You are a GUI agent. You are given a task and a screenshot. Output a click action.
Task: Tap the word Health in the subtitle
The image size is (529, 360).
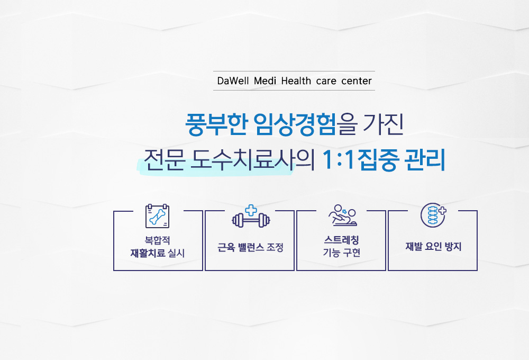296,81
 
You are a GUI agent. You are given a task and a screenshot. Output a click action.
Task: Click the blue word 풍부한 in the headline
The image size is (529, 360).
216,124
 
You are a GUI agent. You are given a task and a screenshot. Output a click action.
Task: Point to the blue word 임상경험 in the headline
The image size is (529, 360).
295,124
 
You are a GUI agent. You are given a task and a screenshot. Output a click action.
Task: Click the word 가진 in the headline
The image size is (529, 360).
383,124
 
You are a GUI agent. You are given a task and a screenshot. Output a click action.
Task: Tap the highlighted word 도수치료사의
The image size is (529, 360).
253,159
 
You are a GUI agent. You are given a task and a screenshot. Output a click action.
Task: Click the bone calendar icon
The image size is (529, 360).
157,216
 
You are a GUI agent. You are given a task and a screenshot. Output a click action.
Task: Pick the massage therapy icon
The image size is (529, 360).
343,215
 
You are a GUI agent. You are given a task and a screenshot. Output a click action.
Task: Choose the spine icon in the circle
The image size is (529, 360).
433,215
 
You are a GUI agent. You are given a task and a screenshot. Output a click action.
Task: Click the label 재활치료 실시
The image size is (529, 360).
158,253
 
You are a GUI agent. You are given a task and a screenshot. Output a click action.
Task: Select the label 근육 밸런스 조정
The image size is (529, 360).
250,247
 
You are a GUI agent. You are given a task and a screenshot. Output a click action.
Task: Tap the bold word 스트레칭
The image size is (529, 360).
341,240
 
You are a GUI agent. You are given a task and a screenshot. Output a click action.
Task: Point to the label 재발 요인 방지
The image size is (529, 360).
434,247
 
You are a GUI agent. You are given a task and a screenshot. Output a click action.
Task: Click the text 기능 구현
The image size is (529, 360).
341,253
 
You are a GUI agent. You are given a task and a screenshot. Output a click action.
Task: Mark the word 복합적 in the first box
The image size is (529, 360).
157,240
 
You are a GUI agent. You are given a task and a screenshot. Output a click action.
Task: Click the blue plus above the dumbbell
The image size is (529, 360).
251,210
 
